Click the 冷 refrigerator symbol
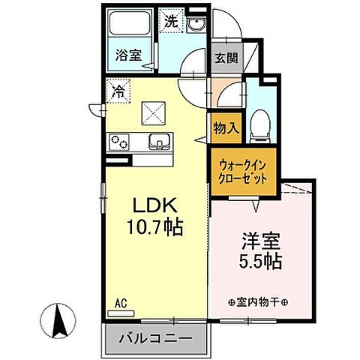coord(118,91)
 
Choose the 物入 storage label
coord(226,127)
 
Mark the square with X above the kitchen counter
coord(154,113)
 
